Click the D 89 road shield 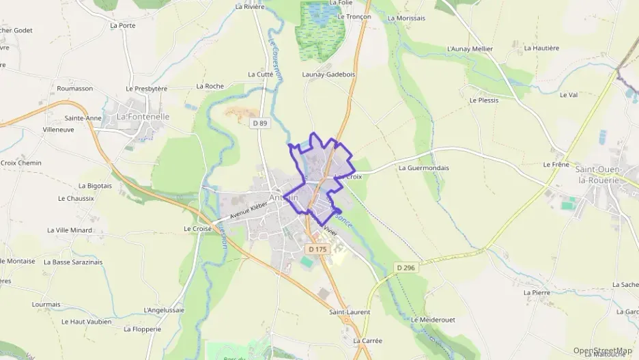[259, 123]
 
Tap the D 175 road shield [317, 249]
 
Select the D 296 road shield [406, 268]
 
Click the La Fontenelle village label [143, 117]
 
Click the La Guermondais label [423, 167]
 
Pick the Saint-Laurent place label [350, 312]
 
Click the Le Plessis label [484, 100]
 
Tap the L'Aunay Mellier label [470, 49]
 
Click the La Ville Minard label [70, 230]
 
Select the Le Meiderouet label [433, 319]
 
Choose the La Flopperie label [142, 329]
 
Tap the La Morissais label [406, 18]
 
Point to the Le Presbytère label [147, 89]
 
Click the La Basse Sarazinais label [73, 262]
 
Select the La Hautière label [541, 49]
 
